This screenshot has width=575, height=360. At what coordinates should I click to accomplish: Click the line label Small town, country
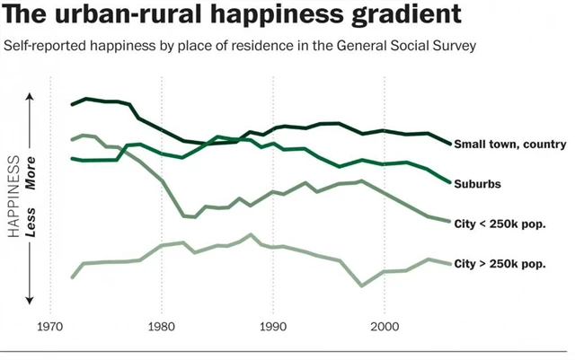[x=509, y=144]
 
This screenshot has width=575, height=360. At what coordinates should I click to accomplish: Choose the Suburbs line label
[x=477, y=183]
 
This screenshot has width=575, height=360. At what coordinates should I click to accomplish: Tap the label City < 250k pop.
[x=500, y=223]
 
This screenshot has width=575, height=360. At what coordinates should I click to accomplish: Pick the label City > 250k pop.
[x=500, y=264]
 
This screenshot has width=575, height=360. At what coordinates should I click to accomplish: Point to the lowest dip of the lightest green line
[x=362, y=285]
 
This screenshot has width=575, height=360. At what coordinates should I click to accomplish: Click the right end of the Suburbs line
[x=450, y=182]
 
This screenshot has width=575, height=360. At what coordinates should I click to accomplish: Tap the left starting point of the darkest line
[x=73, y=105]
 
